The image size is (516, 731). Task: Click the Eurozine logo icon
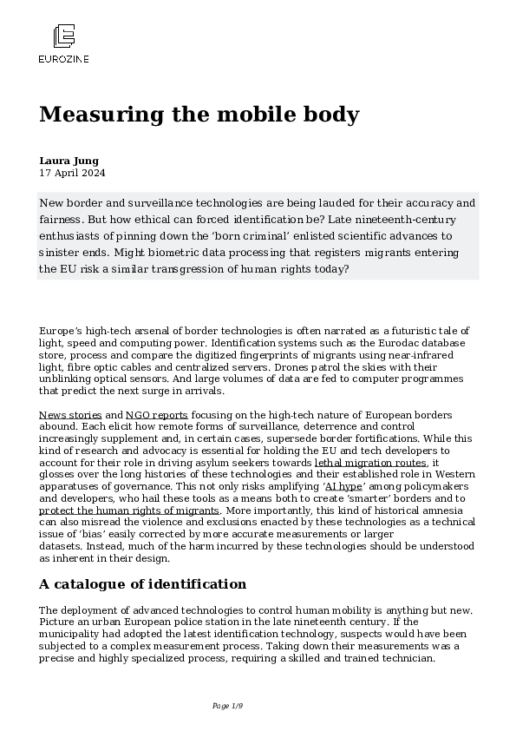[x=64, y=36]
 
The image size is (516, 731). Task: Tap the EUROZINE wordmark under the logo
[x=64, y=59]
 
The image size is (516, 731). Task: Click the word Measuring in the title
[x=95, y=115]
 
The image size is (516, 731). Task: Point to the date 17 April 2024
[x=73, y=173]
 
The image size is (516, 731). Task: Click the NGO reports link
[x=157, y=416]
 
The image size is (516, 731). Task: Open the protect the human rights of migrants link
[x=129, y=510]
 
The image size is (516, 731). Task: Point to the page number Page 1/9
[x=227, y=706]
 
